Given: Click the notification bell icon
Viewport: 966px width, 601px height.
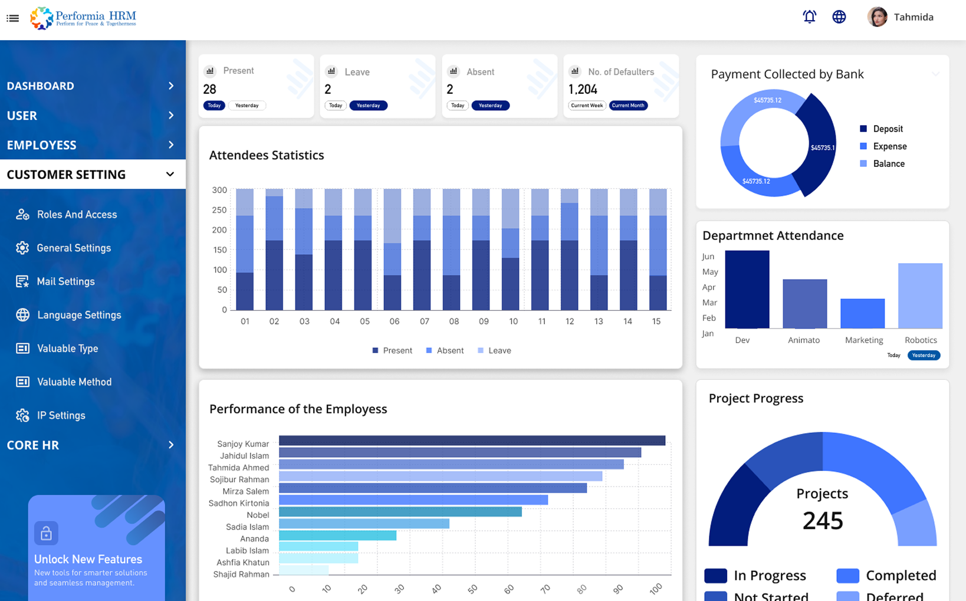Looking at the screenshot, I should tap(809, 17).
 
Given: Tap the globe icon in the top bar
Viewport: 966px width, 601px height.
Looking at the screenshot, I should tap(839, 17).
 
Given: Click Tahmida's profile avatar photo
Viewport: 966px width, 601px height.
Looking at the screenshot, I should tap(877, 17).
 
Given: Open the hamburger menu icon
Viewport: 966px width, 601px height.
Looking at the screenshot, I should tap(12, 18).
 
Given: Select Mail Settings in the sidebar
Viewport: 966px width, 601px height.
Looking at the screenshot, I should tap(65, 281).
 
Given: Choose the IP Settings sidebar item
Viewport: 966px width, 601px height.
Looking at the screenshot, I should tap(61, 415).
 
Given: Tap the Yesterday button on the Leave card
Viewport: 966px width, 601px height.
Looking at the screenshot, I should tap(368, 106).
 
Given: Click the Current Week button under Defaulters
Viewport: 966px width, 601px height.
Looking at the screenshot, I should tap(587, 106).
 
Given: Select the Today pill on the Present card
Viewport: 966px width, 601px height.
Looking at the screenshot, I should tap(214, 106).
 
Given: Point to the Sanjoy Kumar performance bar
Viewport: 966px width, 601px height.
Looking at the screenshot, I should tap(472, 441).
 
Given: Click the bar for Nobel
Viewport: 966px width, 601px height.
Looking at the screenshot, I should tap(400, 512).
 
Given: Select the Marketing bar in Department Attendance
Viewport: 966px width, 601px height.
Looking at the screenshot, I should tap(862, 313).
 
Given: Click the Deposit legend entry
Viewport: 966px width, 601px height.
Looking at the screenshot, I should tap(887, 129).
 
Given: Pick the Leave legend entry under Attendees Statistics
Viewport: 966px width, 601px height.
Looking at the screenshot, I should tap(499, 350).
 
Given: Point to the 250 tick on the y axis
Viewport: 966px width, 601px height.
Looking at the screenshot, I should tap(219, 210).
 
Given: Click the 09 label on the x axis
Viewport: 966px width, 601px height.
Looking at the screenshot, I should tap(484, 321).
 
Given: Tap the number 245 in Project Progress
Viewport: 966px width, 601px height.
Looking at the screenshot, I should tap(822, 521).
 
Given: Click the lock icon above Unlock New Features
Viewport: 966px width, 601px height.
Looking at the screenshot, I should tap(46, 534).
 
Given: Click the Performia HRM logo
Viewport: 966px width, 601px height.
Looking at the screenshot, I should tap(83, 18).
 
